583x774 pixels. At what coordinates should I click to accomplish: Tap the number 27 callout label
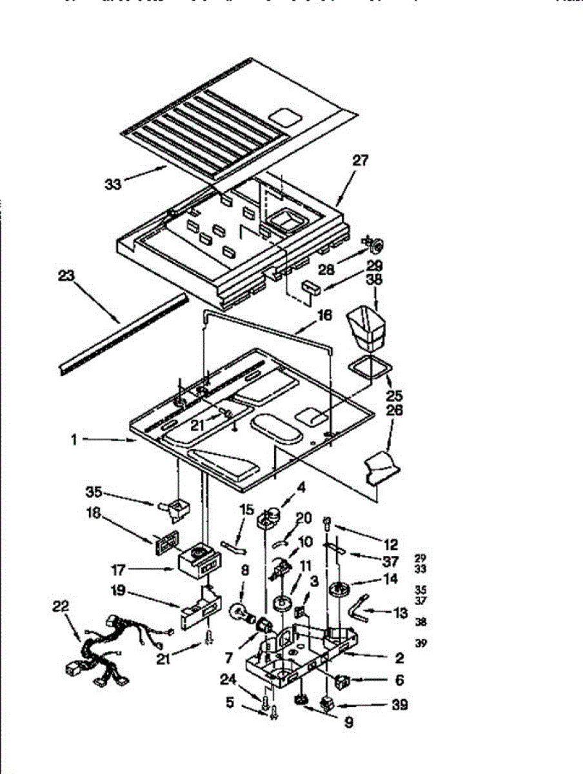(360, 161)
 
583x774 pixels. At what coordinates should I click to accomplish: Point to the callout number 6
(399, 679)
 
